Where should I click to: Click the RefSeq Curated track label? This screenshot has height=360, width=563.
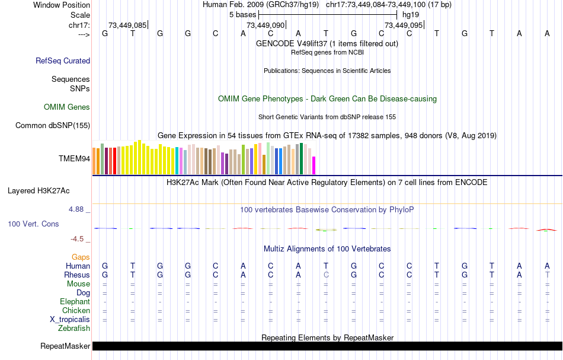[x=63, y=60]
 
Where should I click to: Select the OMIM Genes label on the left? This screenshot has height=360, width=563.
[x=67, y=107]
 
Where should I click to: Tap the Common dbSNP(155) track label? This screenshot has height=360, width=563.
[x=53, y=125]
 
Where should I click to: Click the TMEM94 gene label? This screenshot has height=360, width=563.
[x=74, y=159]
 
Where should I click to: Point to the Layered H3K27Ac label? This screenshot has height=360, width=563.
[x=39, y=191]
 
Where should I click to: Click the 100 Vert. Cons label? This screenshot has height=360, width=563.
[x=33, y=224]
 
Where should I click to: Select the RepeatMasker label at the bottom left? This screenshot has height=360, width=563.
[x=65, y=346]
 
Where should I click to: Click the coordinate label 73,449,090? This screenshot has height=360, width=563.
[x=265, y=26]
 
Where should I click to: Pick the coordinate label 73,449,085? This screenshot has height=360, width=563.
[x=127, y=26]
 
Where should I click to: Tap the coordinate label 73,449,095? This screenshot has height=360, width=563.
[x=404, y=26]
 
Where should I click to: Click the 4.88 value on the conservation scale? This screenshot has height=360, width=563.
[x=77, y=209]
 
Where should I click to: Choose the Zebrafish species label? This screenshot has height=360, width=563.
[x=74, y=328]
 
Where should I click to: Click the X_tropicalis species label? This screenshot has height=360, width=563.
[x=70, y=319]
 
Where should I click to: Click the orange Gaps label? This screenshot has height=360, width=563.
[x=81, y=257]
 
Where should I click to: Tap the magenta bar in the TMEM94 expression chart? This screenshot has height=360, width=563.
[x=314, y=165]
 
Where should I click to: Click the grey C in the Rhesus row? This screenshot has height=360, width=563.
[x=326, y=275]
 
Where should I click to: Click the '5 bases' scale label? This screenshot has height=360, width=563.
[x=241, y=14]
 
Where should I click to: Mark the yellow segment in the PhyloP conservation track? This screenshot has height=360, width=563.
[x=327, y=229]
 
